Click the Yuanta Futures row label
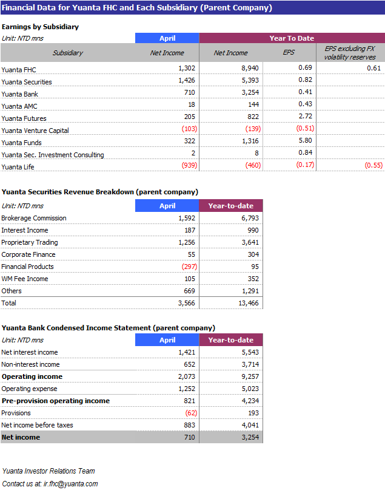[24, 118]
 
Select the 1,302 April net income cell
[187, 68]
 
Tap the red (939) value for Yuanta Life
[189, 165]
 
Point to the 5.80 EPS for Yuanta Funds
[306, 140]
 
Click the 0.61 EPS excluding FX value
[373, 68]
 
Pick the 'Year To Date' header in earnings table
[292, 38]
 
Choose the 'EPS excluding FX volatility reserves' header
[350, 53]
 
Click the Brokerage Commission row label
[34, 218]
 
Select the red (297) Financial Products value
[189, 267]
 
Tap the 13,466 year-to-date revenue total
[249, 303]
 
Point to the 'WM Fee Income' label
[25, 279]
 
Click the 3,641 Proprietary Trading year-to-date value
[250, 242]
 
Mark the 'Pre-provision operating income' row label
[56, 401]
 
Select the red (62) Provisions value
[191, 413]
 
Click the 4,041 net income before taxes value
[250, 425]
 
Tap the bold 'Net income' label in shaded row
[21, 437]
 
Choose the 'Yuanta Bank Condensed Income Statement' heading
[76, 328]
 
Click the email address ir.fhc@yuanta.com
[70, 484]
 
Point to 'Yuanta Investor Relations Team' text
[49, 471]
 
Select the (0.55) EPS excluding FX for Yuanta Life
[373, 165]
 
